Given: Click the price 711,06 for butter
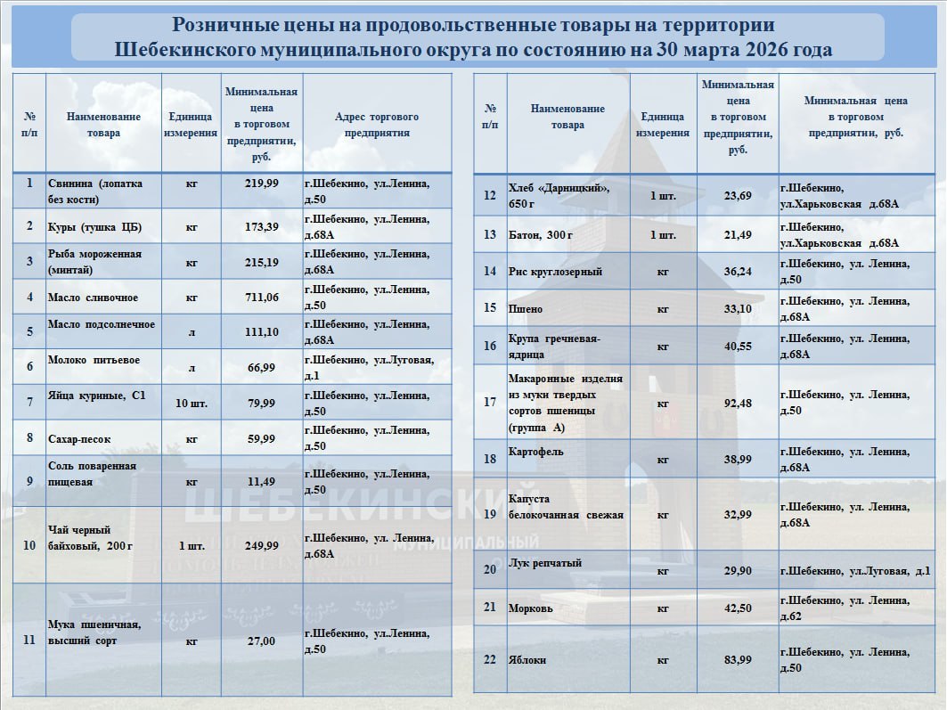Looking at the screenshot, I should pyautogui.click(x=261, y=298).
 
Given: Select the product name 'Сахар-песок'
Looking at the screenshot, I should pyautogui.click(x=81, y=438).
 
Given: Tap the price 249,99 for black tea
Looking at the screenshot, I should pyautogui.click(x=261, y=545).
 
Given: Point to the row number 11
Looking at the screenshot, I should pyautogui.click(x=29, y=640).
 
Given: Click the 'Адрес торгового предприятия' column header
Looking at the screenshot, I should pyautogui.click(x=376, y=125).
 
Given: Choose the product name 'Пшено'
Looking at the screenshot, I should pyautogui.click(x=526, y=309).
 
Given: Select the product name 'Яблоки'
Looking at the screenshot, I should pyautogui.click(x=527, y=660).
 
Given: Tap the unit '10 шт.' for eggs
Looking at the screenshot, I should pyautogui.click(x=192, y=404).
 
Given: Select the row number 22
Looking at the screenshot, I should pyautogui.click(x=489, y=660).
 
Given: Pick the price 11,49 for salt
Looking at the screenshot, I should pyautogui.click(x=261, y=482).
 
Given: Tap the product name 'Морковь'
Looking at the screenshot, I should pyautogui.click(x=530, y=608).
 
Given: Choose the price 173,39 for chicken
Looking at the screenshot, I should pyautogui.click(x=261, y=227).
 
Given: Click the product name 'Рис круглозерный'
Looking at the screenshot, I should pyautogui.click(x=555, y=272).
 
